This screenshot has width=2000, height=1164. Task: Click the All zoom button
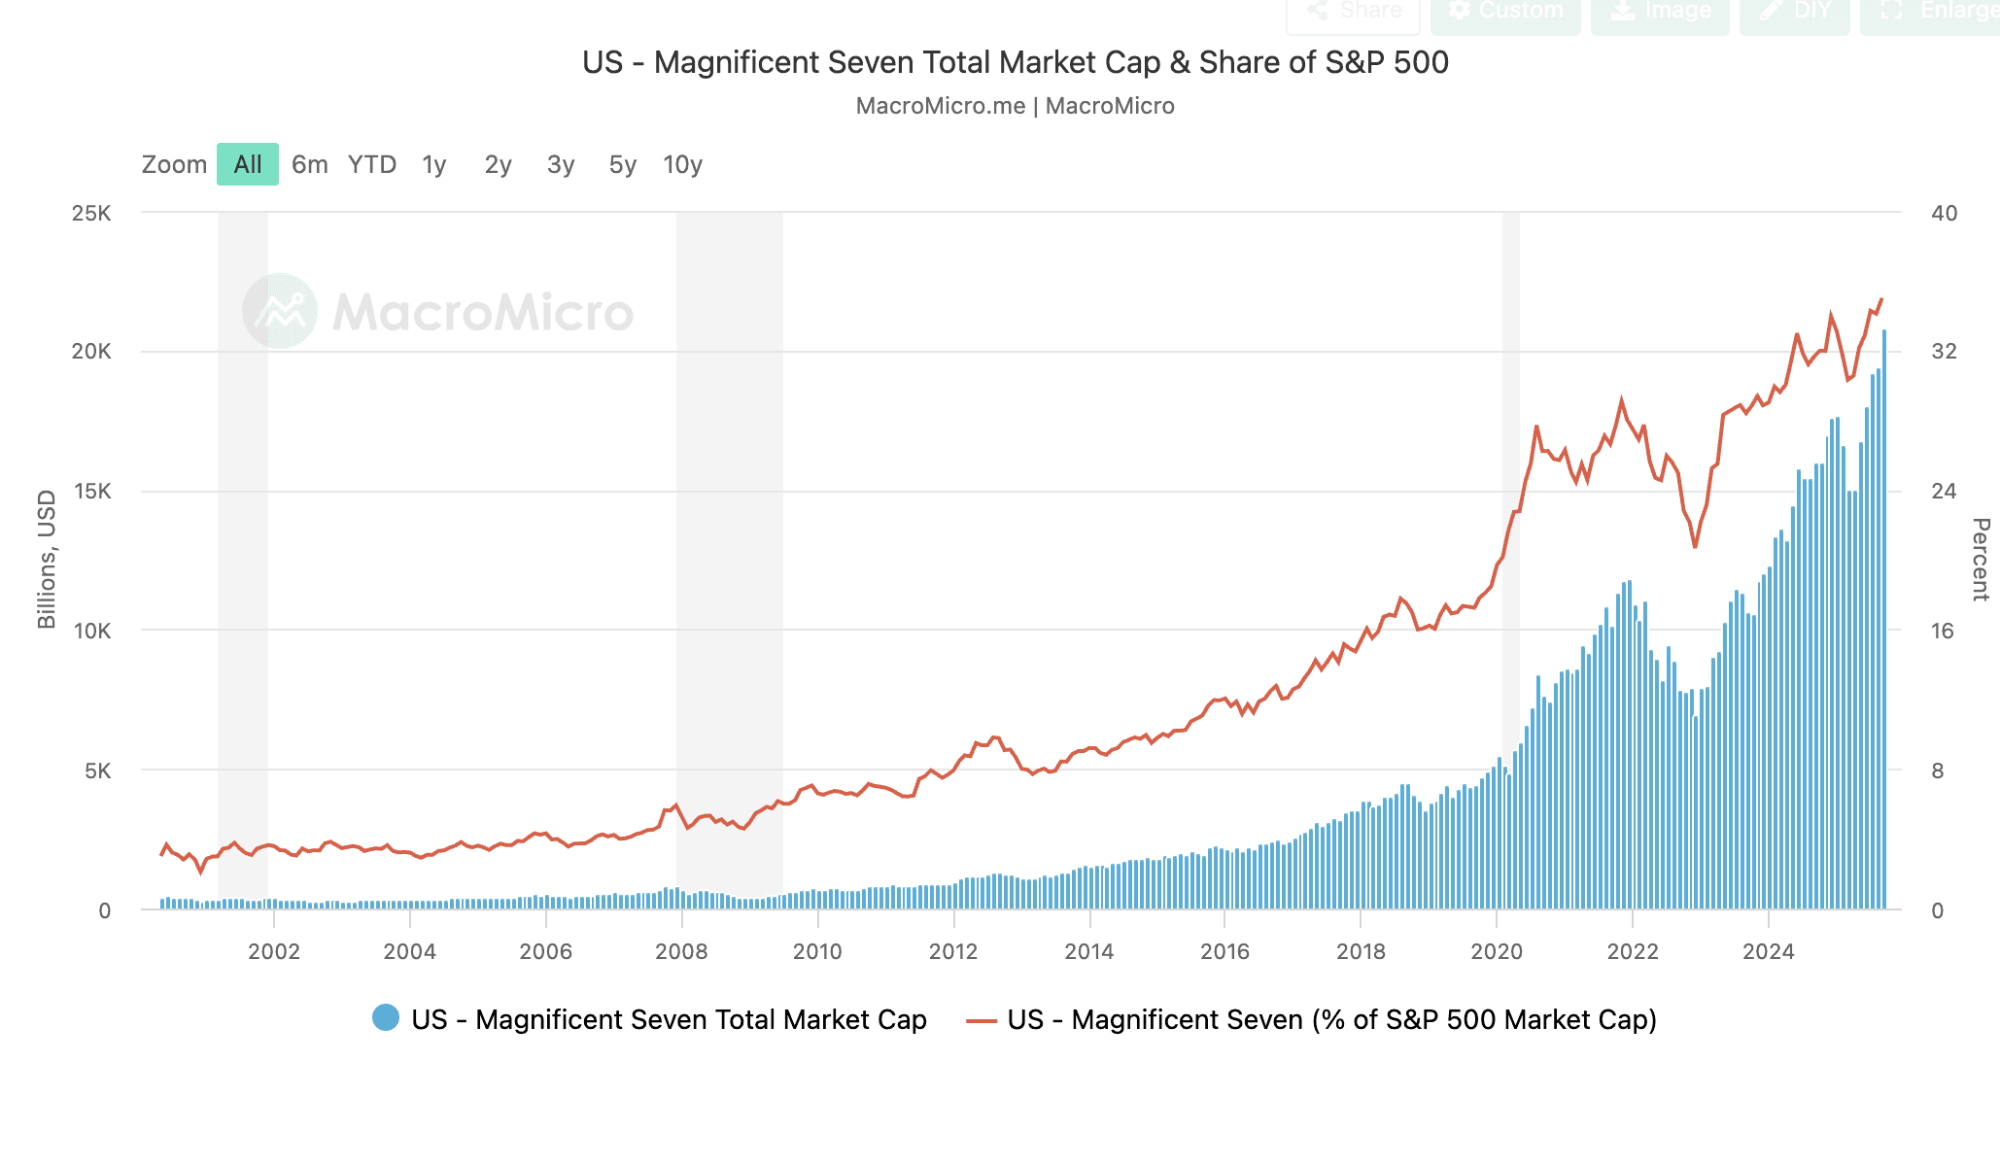click(248, 164)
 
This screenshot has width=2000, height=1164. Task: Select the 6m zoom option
click(310, 164)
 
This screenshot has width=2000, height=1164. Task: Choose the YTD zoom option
click(372, 164)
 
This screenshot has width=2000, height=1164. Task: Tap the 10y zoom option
click(682, 164)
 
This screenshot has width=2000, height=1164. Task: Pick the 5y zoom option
click(622, 164)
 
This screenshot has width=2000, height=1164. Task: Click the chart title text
click(1015, 62)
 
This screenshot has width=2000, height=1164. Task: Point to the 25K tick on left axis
click(91, 213)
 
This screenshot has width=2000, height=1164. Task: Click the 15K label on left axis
click(91, 492)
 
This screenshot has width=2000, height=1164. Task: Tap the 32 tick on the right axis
click(1944, 352)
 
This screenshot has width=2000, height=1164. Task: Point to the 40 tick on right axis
click(1944, 213)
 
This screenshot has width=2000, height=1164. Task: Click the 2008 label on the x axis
click(681, 951)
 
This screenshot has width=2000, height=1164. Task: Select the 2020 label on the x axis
click(1497, 951)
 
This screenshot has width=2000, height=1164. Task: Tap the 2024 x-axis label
click(1768, 951)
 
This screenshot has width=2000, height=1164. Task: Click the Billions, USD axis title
click(47, 560)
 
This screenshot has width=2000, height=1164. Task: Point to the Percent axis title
click(1980, 560)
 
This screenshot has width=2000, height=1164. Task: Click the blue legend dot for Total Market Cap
click(386, 1018)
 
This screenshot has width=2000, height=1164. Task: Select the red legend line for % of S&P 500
click(982, 1020)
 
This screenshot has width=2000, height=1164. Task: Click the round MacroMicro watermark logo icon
click(280, 311)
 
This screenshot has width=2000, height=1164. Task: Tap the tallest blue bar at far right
click(1884, 622)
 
